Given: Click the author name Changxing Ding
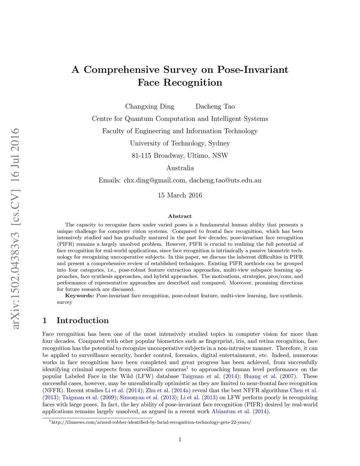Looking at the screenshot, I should click(x=150, y=107).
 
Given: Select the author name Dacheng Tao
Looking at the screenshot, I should click(x=215, y=107).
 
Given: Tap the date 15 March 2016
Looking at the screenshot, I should click(x=180, y=195).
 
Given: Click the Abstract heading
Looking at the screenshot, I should click(x=180, y=216).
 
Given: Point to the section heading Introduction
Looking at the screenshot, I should click(x=83, y=320).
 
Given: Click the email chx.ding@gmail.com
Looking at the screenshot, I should click(x=155, y=180).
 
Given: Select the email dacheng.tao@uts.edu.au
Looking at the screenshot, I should click(x=225, y=180).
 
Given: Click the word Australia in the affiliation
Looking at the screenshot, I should click(x=180, y=168).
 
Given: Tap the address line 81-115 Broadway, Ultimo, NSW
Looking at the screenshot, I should click(x=180, y=156).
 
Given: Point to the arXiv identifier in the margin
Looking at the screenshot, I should click(x=15, y=229).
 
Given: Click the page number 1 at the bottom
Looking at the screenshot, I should click(x=180, y=439).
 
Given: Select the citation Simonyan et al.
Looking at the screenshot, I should click(x=139, y=397).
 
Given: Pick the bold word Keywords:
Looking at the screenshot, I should click(x=79, y=296).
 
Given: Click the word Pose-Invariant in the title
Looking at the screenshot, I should click(x=253, y=70).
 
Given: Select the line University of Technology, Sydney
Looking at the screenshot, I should click(x=180, y=143).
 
